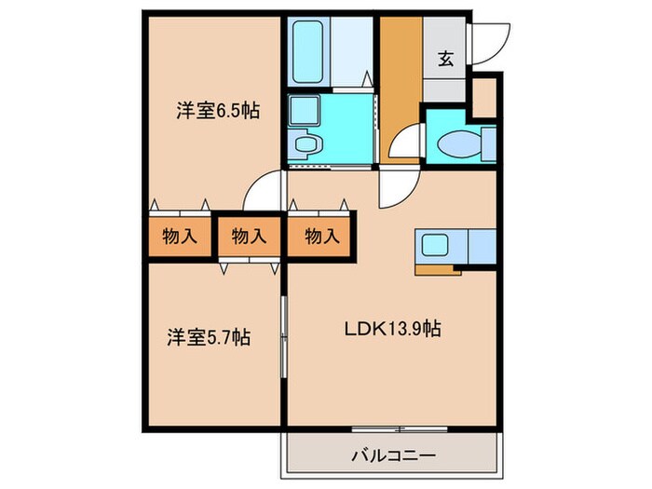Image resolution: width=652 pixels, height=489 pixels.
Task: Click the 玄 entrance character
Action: pyautogui.click(x=446, y=58)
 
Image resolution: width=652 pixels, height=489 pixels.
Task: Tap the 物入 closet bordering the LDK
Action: pyautogui.click(x=320, y=236)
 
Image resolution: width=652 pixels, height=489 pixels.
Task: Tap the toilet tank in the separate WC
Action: pyautogui.click(x=487, y=143)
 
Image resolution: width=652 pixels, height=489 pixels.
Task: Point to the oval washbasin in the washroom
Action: pyautogui.click(x=305, y=145)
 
